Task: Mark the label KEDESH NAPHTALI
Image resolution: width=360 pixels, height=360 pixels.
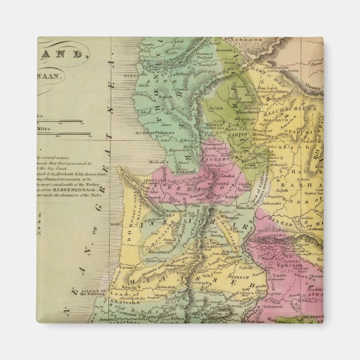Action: [x=215, y=126]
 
